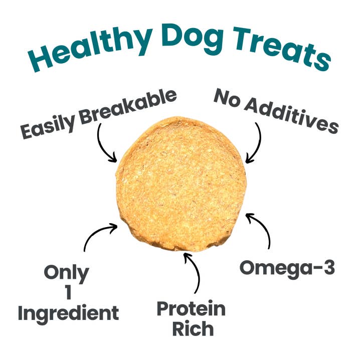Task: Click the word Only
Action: (66, 273)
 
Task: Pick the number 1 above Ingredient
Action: (68, 293)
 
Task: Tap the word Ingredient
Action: (68, 313)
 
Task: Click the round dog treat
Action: (182, 183)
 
